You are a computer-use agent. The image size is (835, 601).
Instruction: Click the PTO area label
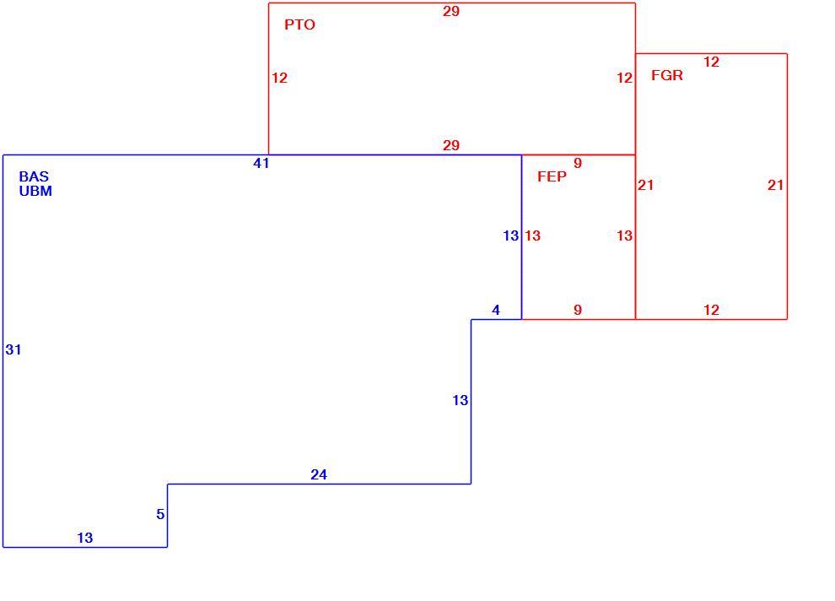299,24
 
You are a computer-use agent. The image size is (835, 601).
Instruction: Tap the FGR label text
666,75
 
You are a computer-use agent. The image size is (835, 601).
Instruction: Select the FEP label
552,176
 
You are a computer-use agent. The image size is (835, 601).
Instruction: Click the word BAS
34,176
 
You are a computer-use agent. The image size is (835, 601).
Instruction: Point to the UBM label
35,191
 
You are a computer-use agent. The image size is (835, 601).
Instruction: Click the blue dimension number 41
261,164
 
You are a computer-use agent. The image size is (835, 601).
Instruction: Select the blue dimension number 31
13,349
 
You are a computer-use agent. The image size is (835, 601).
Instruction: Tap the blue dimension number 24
319,474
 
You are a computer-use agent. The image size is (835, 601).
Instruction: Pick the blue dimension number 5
160,514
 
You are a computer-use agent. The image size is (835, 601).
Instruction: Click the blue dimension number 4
496,310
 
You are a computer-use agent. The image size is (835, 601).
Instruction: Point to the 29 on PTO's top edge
451,11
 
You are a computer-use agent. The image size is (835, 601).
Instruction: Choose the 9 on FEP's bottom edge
578,310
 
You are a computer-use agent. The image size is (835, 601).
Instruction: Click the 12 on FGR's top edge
711,62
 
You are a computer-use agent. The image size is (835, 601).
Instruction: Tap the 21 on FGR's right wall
775,185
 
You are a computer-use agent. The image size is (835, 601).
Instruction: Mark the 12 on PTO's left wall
279,78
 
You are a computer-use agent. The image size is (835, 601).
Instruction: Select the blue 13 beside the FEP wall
510,236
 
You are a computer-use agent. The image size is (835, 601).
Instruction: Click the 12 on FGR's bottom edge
711,310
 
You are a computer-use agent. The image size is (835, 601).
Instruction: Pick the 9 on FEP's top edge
578,163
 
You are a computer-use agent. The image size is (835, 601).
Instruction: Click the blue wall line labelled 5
168,516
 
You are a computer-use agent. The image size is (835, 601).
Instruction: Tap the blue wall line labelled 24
319,484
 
